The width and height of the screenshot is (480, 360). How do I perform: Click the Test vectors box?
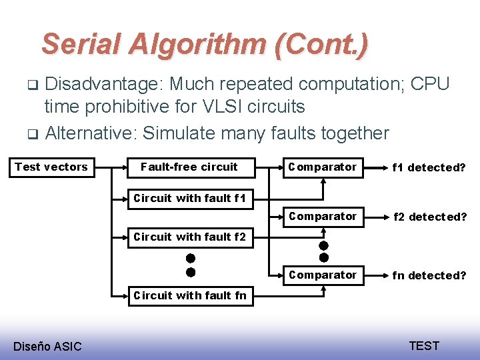[51, 167]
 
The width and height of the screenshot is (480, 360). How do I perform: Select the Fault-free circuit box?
[189, 167]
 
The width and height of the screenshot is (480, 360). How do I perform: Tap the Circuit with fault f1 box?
[189, 198]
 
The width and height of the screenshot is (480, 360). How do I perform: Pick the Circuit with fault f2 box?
[189, 237]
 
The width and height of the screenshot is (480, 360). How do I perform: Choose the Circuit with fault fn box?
[189, 295]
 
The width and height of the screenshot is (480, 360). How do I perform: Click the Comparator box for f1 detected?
[323, 167]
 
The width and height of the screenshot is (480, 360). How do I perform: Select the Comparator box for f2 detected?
[323, 217]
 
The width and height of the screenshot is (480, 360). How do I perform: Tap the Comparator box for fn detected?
[323, 275]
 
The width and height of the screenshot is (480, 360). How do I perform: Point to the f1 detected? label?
[429, 167]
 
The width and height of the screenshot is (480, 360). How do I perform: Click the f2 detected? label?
[429, 217]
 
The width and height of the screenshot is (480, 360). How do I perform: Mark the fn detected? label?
[429, 275]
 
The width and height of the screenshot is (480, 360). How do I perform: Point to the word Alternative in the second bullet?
[90, 133]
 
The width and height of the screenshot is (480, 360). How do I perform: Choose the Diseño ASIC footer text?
[47, 346]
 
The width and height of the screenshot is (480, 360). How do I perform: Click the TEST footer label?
[424, 345]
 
